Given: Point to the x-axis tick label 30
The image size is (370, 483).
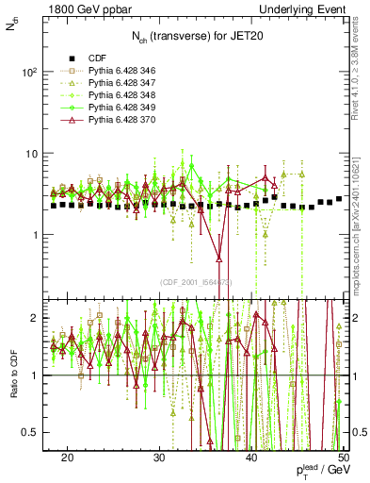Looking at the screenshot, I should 159,456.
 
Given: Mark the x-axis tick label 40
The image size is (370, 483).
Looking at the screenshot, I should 251,456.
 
